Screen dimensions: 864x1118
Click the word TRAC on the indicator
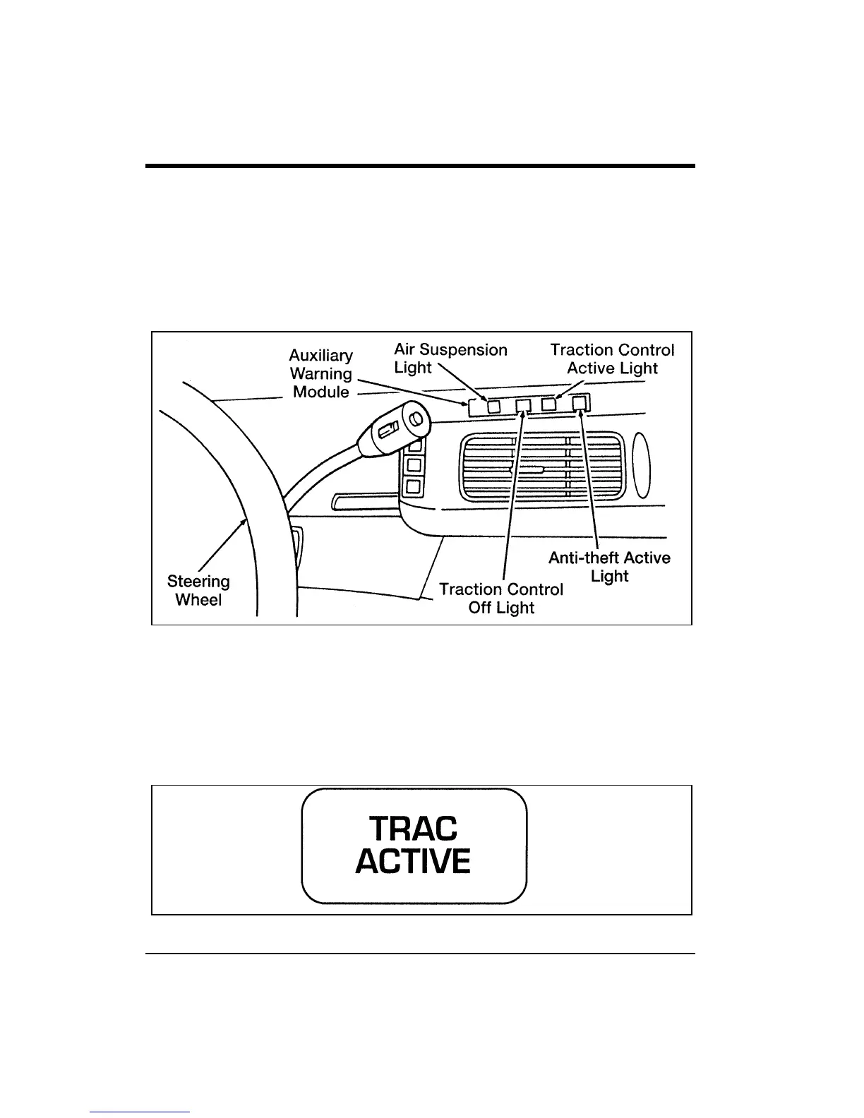tap(414, 829)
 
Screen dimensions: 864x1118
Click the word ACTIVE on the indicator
tap(413, 862)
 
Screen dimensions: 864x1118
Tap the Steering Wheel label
tap(198, 591)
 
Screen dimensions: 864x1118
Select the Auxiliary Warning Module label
tap(321, 373)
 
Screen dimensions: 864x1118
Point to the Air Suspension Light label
tap(450, 359)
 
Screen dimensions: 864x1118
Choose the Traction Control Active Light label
tap(612, 359)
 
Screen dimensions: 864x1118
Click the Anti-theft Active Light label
tap(609, 567)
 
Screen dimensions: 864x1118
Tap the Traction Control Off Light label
tap(501, 599)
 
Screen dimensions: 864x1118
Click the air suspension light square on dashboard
tap(494, 407)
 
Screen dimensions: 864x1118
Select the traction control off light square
tap(523, 405)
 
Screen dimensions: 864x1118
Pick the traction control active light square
tap(548, 404)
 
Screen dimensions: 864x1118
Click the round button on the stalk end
tap(415, 420)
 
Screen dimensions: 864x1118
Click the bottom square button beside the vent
tap(414, 486)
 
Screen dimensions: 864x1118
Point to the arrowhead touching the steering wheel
tap(245, 522)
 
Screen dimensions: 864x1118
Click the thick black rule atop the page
tap(420, 166)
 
